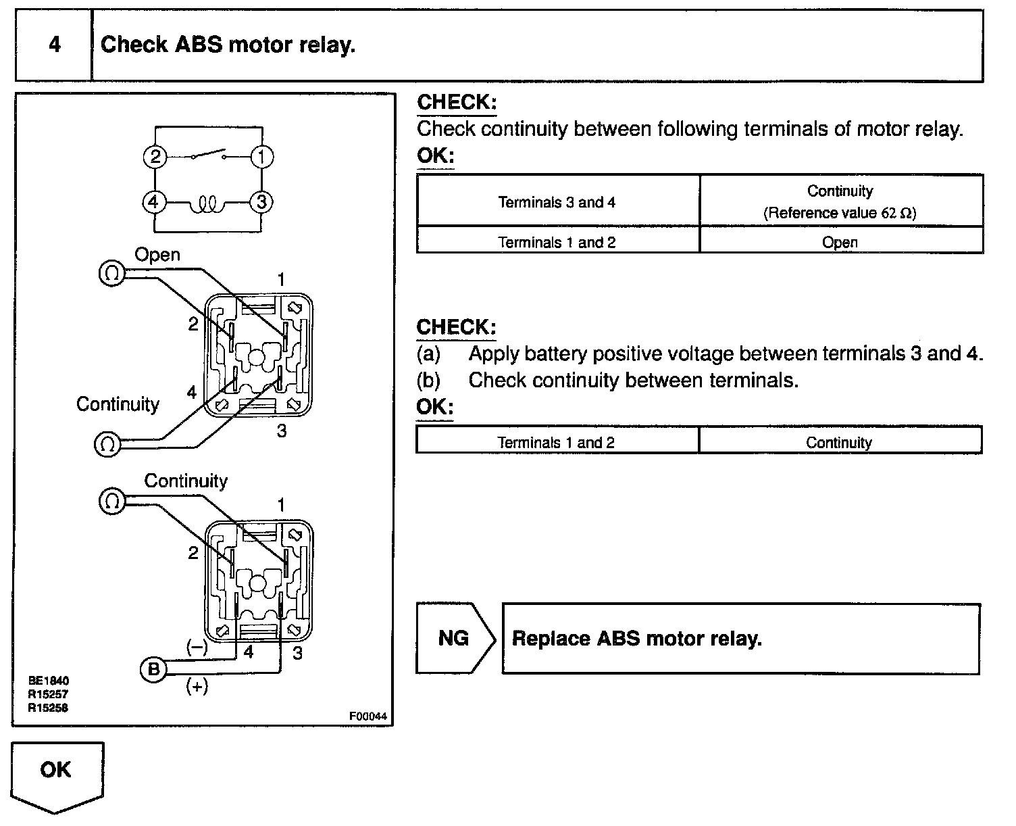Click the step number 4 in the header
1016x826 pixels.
pyautogui.click(x=55, y=45)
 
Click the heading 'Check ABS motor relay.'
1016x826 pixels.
pyautogui.click(x=228, y=45)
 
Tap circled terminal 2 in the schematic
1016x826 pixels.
pyautogui.click(x=155, y=157)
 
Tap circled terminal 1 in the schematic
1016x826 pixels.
pyautogui.click(x=261, y=157)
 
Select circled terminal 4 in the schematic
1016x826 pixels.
pyautogui.click(x=154, y=202)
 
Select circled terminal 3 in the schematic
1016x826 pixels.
pyautogui.click(x=261, y=202)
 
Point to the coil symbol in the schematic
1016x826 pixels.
pyautogui.click(x=207, y=204)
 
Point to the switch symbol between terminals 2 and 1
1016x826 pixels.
pyautogui.click(x=209, y=155)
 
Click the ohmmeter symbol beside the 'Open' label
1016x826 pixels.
pyautogui.click(x=111, y=274)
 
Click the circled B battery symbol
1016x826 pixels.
pyautogui.click(x=153, y=669)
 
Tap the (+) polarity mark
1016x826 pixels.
pyautogui.click(x=197, y=687)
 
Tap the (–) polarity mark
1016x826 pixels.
pyautogui.click(x=197, y=647)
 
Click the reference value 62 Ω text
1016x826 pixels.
pyautogui.click(x=840, y=213)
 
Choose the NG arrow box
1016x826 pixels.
pyautogui.click(x=455, y=638)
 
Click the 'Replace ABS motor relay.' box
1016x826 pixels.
pyautogui.click(x=741, y=639)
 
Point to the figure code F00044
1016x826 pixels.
pyautogui.click(x=367, y=716)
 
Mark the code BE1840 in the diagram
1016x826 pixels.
pyautogui.click(x=48, y=681)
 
